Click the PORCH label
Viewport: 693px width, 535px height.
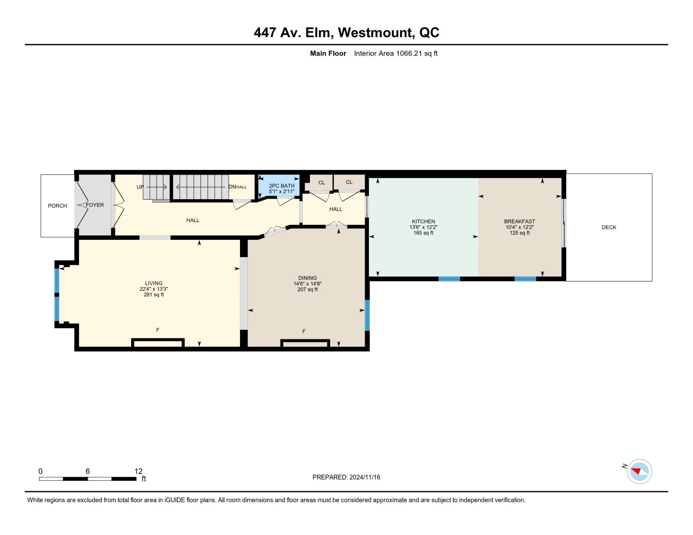click(x=57, y=206)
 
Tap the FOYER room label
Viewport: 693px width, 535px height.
click(x=95, y=205)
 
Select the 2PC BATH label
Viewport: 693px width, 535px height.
click(x=282, y=186)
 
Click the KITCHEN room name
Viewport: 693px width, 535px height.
click(x=423, y=222)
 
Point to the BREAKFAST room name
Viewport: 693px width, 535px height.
click(x=520, y=222)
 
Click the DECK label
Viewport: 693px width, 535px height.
click(x=609, y=227)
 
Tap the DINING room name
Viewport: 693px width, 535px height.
click(x=308, y=278)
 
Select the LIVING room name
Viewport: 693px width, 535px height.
click(x=154, y=283)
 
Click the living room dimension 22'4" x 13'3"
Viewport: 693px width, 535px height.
click(x=154, y=289)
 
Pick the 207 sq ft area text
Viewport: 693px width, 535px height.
click(x=308, y=289)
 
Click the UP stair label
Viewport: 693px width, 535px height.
click(x=140, y=187)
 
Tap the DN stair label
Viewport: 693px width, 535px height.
click(x=232, y=187)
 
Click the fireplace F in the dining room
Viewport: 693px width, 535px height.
click(x=304, y=331)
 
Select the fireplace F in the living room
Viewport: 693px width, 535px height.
click(x=158, y=330)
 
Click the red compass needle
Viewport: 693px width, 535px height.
click(x=636, y=471)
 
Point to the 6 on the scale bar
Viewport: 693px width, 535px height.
click(x=88, y=471)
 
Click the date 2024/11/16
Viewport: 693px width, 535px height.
click(x=365, y=477)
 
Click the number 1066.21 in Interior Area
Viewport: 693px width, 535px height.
click(x=409, y=53)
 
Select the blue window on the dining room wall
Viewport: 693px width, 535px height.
click(x=367, y=315)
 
